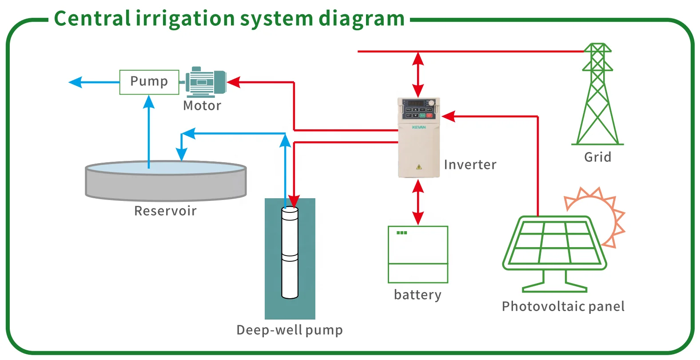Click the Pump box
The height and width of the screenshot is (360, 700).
coord(149,82)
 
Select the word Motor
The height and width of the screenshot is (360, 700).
coord(202,106)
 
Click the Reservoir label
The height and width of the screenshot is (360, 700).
coord(165,211)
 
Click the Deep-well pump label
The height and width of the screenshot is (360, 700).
coord(290,330)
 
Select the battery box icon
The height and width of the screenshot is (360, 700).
coord(418,254)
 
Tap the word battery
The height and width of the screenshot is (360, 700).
coord(418,295)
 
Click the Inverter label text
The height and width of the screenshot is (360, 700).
coord(470,165)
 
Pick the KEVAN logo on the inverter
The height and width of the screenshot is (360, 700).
coord(419,127)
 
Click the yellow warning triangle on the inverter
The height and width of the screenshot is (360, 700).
coord(419,167)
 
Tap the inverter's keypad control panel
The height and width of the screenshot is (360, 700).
coord(418,109)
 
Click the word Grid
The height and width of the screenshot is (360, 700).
coord(597,157)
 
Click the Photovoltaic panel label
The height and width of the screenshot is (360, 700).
coord(563,306)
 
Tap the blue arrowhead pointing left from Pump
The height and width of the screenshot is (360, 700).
coord(76,82)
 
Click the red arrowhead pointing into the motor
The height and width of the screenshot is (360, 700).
coord(234,82)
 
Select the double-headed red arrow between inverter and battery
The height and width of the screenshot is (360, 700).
coord(418,202)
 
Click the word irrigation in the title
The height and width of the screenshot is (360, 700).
coord(185,19)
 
